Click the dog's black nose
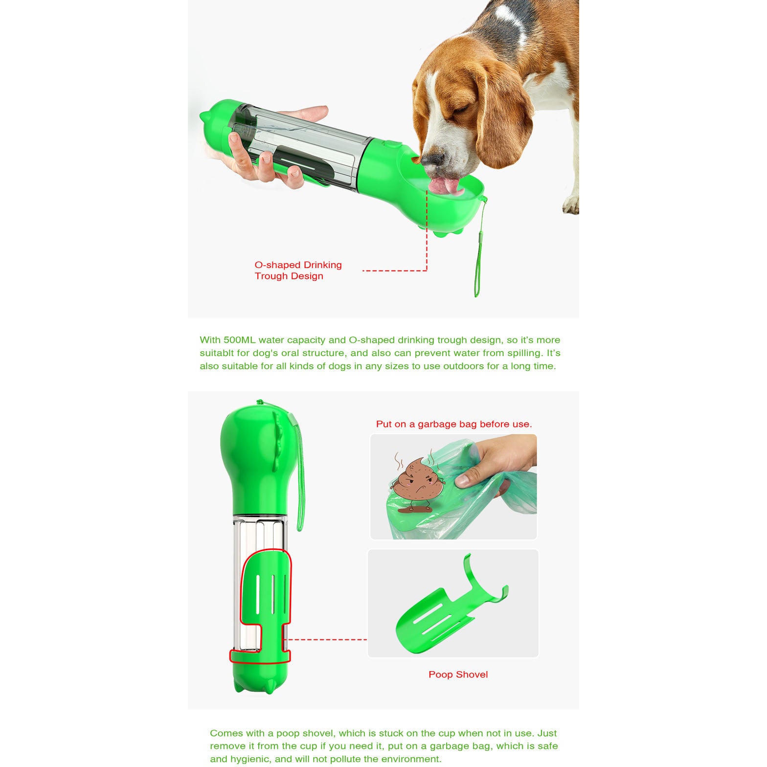433,159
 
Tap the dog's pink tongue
446,185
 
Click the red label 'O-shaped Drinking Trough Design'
298,271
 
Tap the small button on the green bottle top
390,145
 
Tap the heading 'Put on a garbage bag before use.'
453,424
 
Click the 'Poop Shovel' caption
458,675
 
